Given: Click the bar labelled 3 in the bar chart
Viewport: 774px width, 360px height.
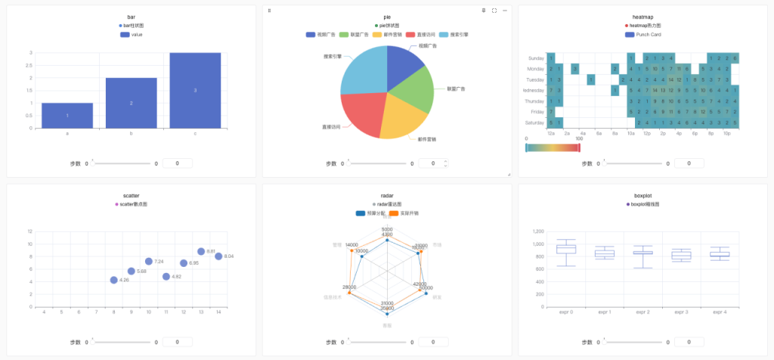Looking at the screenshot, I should (x=195, y=91).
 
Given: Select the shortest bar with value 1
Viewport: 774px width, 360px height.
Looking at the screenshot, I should (x=67, y=116).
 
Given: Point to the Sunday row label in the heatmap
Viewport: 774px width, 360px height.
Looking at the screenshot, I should (x=536, y=58).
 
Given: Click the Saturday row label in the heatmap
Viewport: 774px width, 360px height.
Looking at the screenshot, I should (x=534, y=123).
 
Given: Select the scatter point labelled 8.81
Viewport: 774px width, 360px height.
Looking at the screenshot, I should (x=201, y=251).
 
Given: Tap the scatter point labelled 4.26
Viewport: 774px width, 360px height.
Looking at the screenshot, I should (x=113, y=280).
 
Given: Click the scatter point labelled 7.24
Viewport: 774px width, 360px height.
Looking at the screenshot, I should (x=149, y=262).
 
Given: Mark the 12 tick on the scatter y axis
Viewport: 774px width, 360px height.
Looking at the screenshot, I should (x=29, y=231).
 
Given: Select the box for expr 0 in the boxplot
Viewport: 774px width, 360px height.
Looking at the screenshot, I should (x=566, y=250).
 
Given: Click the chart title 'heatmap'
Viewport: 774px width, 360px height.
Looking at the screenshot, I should (x=642, y=17).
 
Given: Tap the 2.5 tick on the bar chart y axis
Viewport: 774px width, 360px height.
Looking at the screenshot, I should (x=29, y=66).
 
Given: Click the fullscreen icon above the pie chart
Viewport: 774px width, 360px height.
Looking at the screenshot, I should (x=494, y=11).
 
